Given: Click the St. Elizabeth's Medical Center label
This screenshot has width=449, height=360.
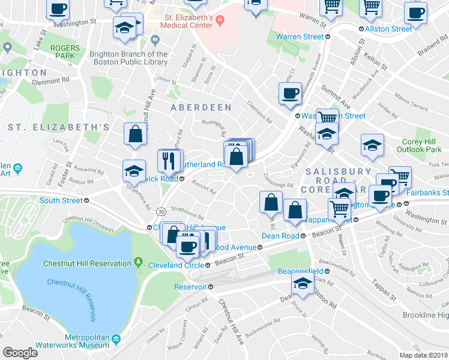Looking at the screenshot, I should [x=188, y=22].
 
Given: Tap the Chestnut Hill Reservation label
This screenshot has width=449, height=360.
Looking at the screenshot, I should [x=86, y=263].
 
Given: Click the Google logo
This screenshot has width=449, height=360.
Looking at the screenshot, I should [x=20, y=353].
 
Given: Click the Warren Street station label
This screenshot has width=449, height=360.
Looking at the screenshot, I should [x=300, y=37].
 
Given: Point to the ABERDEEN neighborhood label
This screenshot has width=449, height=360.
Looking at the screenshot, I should [x=200, y=107].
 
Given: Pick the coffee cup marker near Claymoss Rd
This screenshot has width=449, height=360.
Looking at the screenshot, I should [x=291, y=94].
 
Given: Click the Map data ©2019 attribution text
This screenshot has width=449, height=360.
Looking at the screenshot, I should [x=424, y=355].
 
